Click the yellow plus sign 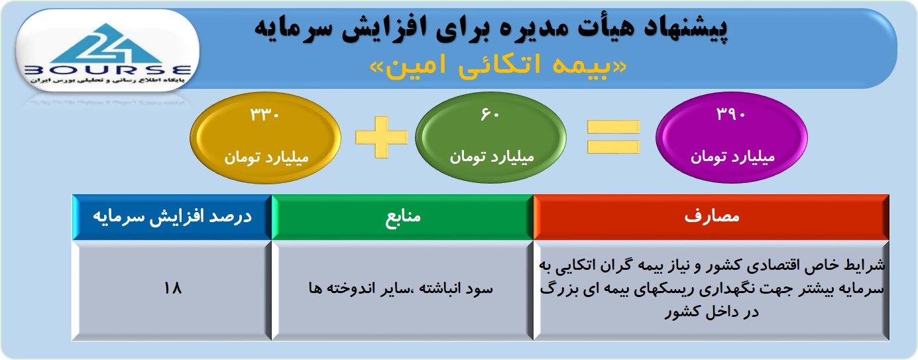381,137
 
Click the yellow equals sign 613,137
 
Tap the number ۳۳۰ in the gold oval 265,115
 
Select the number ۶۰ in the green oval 490,114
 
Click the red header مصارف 712,216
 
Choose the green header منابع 403,216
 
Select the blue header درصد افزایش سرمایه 172,216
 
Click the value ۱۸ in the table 172,288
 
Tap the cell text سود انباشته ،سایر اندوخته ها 400,288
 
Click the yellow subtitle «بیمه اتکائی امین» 498,65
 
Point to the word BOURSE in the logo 107,70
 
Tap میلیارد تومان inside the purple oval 732,156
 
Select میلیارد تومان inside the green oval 491,156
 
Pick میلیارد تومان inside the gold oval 266,157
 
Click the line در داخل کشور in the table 712,312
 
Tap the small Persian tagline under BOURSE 107,80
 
